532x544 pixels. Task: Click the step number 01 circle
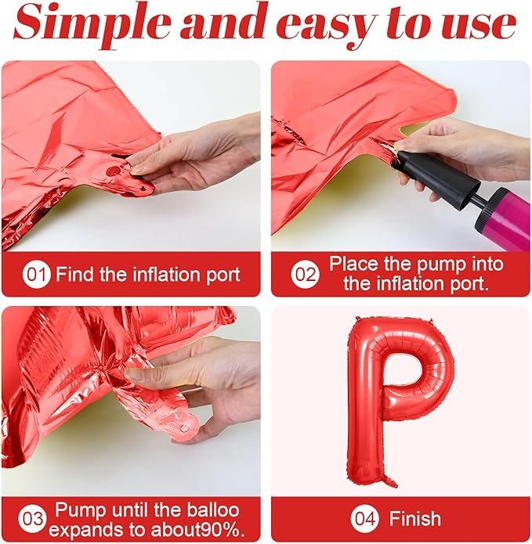[36, 275]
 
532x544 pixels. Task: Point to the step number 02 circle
[305, 274]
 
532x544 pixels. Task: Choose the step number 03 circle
[32, 519]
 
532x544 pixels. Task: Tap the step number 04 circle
[364, 519]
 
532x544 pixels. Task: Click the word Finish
[415, 519]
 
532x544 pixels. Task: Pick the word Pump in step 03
[81, 510]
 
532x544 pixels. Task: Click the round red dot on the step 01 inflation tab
[113, 171]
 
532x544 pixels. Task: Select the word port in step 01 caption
[223, 276]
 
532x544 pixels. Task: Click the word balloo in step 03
[213, 510]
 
